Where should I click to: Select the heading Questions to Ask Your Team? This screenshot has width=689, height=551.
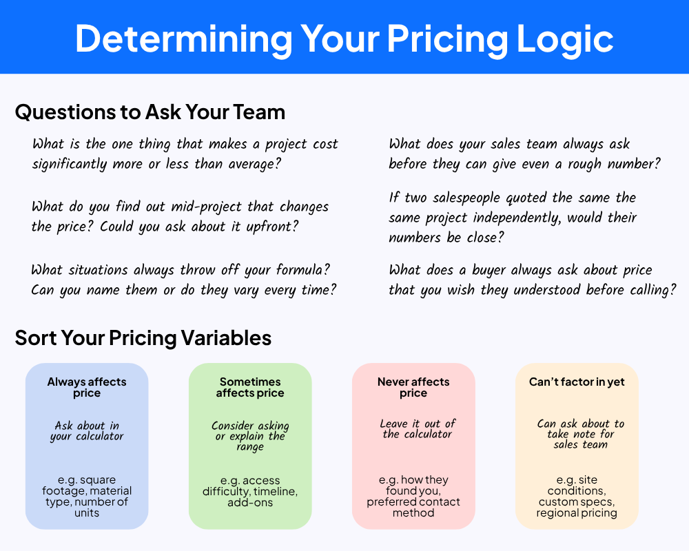150,112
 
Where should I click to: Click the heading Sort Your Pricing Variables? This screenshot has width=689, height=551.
143,338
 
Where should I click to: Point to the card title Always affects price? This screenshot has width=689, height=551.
87,387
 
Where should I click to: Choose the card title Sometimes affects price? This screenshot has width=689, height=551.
250,387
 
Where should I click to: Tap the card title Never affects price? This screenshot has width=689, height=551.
413,387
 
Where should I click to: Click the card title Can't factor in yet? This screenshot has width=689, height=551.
577,382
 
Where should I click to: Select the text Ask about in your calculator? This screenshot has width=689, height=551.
87,430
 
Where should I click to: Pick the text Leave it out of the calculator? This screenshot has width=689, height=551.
418,428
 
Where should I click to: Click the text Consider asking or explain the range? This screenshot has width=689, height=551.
250,436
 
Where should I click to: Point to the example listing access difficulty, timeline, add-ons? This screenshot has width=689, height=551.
250,491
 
